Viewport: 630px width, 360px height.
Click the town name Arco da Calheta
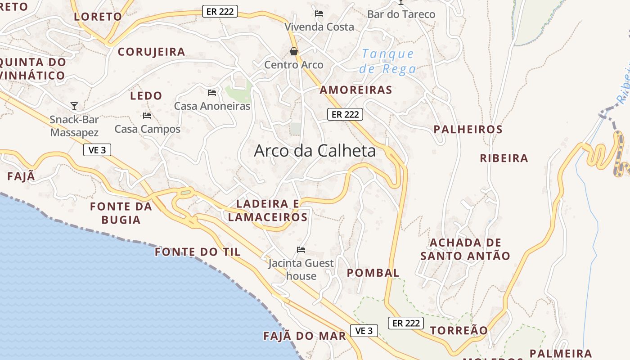point(315,150)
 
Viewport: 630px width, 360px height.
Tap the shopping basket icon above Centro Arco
point(294,52)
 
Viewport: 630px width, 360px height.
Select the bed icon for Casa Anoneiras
point(212,93)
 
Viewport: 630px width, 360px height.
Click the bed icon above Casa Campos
point(147,116)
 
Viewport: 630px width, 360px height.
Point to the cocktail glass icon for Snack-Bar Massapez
point(74,106)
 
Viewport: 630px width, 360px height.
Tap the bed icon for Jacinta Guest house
point(301,250)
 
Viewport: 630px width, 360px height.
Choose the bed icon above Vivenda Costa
point(319,13)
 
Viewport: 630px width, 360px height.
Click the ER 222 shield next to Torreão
point(405,323)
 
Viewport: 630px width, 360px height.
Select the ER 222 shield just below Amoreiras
point(345,114)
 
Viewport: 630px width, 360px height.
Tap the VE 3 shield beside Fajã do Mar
point(364,331)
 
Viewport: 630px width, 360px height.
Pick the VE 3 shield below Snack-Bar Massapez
point(97,150)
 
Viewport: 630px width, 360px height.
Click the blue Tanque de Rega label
point(387,62)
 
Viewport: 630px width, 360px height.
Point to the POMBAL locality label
point(373,273)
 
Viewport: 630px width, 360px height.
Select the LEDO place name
point(146,96)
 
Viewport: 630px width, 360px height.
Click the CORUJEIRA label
point(151,52)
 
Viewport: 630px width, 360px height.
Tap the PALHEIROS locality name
point(468,130)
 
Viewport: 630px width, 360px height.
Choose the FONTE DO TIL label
point(198,252)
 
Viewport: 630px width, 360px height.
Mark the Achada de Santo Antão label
point(465,249)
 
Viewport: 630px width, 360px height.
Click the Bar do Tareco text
point(401,14)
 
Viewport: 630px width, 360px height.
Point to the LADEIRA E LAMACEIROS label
point(268,211)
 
